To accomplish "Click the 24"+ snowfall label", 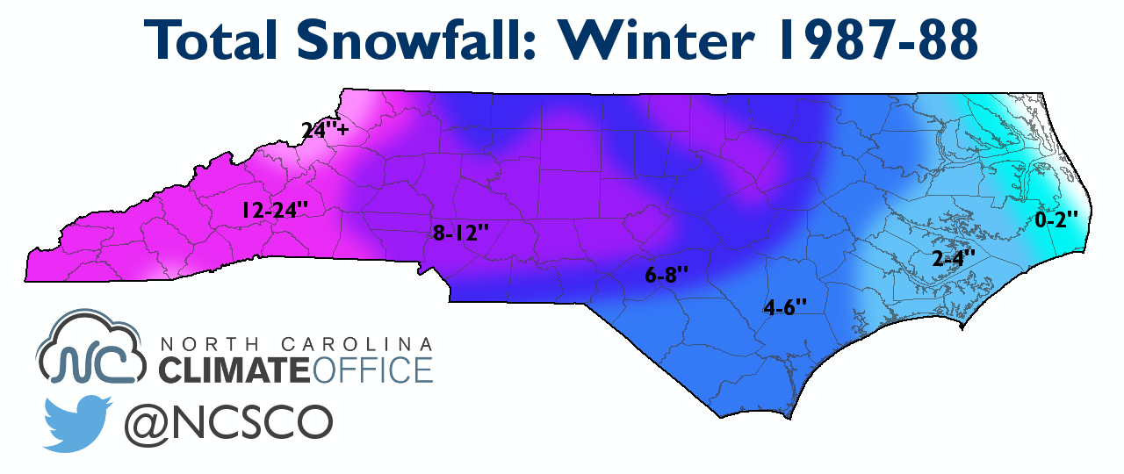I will click(325, 131).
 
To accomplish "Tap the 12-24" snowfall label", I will click(273, 210).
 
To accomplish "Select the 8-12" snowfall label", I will click(460, 233).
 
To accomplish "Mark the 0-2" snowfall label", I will click(1056, 220).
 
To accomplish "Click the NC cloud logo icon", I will click(93, 352).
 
